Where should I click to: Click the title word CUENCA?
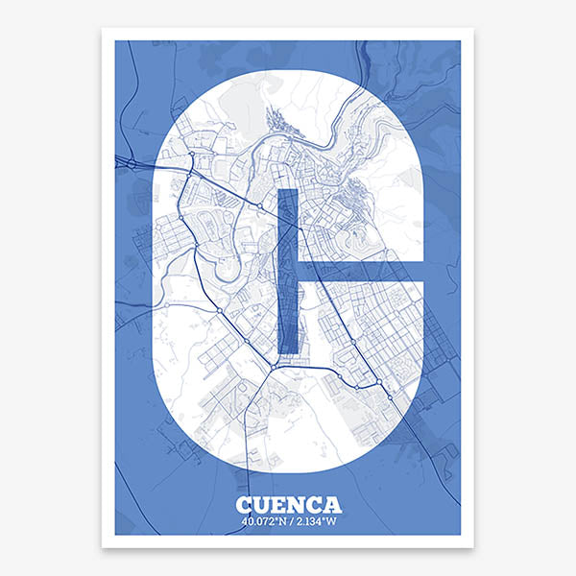click(x=288, y=505)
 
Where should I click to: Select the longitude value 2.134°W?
click(x=316, y=522)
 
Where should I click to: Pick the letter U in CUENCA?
click(x=261, y=505)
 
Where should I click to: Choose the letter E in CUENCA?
click(x=278, y=505)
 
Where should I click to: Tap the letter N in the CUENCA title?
click(x=296, y=505)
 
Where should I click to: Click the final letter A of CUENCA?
click(x=332, y=505)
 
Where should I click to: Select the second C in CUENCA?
click(x=314, y=505)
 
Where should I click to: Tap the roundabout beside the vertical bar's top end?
click(x=261, y=205)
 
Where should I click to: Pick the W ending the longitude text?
click(x=337, y=522)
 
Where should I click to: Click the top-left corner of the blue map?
click(x=116, y=41)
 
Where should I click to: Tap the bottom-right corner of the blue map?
click(x=460, y=535)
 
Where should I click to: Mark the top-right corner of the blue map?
click(x=460, y=41)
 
